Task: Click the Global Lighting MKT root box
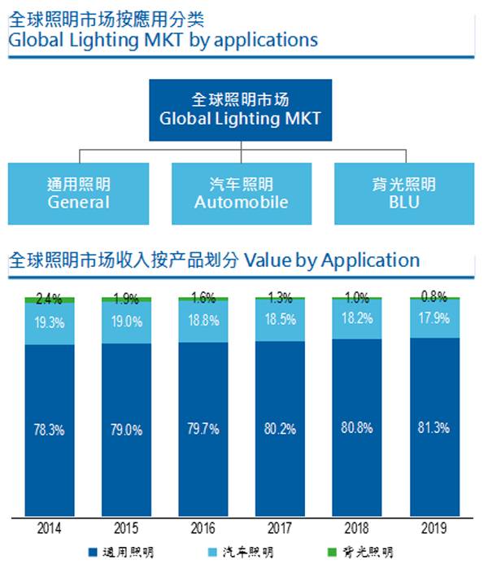pos(241,110)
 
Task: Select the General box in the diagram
pos(78,194)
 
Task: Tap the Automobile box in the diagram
pos(241,194)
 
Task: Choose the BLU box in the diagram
pos(403,194)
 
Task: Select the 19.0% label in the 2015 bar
pos(126,321)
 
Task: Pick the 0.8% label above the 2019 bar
pos(434,296)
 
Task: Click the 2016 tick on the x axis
pos(203,527)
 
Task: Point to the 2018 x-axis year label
pos(357,527)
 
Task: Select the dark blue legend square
pos(91,553)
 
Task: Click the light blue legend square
pos(213,553)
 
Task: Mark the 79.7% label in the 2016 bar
pos(203,429)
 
